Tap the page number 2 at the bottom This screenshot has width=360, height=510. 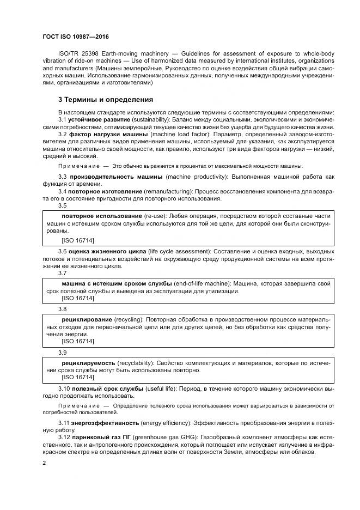pos(44,463)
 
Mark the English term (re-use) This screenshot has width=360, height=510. pos(154,216)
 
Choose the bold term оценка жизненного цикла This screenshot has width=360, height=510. pos(107,251)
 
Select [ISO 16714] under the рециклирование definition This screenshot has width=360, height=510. pos(78,341)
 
